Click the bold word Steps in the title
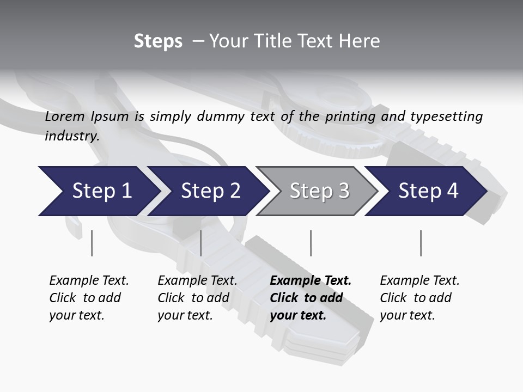pyautogui.click(x=158, y=41)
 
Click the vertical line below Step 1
pyautogui.click(x=92, y=243)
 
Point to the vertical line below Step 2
pyautogui.click(x=201, y=243)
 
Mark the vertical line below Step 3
pyautogui.click(x=311, y=243)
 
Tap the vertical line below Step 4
pyautogui.click(x=421, y=243)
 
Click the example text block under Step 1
pyautogui.click(x=89, y=298)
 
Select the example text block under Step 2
pyautogui.click(x=197, y=298)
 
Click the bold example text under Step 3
pyautogui.click(x=311, y=298)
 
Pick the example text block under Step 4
pyautogui.click(x=419, y=298)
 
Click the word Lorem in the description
pyautogui.click(x=65, y=117)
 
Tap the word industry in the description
pyautogui.click(x=72, y=136)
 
